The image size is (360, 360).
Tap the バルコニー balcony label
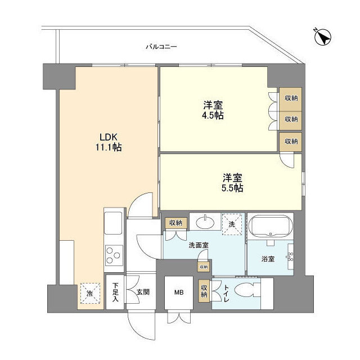(x=161, y=47)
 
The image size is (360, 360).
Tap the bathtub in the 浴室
(x=271, y=227)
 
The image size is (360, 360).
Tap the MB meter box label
(x=178, y=292)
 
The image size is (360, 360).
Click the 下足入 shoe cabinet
(x=115, y=292)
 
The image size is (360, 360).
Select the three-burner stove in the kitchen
(x=114, y=255)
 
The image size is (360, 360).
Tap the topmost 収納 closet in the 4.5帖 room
(x=291, y=97)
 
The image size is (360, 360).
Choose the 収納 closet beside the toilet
(x=205, y=291)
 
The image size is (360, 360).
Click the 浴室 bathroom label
(x=268, y=259)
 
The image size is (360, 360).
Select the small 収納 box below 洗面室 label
(x=202, y=266)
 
